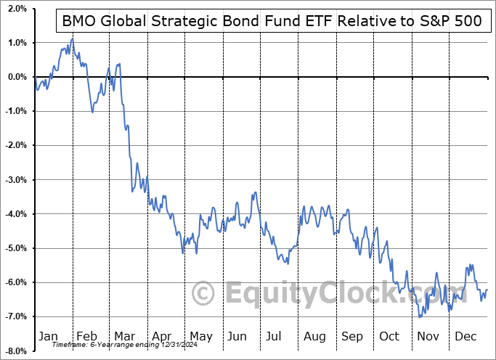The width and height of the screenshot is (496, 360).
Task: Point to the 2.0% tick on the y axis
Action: tap(16, 9)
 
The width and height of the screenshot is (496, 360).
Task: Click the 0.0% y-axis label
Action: tap(16, 77)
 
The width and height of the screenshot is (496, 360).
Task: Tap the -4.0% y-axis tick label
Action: tap(15, 214)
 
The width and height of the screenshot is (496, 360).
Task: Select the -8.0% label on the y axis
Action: tap(15, 351)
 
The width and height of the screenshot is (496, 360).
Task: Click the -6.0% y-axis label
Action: tap(15, 282)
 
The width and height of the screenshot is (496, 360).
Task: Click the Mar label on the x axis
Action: tap(123, 336)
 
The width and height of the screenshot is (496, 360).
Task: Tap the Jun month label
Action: tap(237, 336)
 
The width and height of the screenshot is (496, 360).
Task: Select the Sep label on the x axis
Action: tap(352, 336)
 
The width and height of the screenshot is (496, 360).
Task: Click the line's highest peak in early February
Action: tap(72, 38)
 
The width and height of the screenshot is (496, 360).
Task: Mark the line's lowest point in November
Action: tap(420, 317)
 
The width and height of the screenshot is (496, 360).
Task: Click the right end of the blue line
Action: tap(487, 290)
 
